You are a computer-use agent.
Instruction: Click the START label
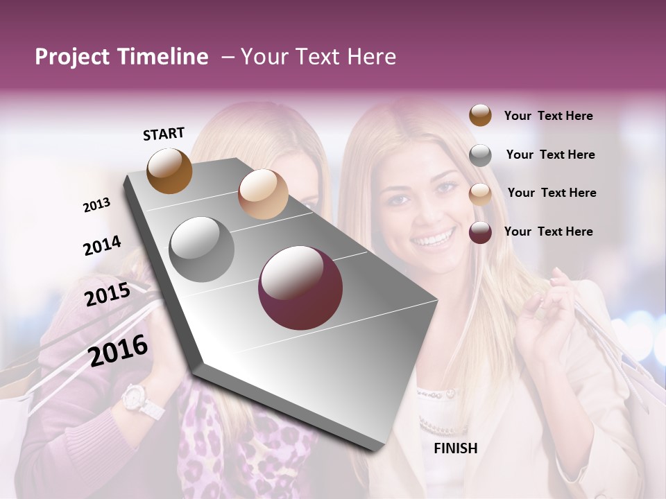[164, 134]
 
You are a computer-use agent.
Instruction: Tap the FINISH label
[455, 448]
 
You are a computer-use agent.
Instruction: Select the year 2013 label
[96, 205]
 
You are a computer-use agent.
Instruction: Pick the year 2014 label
[102, 246]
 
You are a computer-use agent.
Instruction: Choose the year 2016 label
[119, 351]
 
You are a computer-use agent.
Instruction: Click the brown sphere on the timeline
[169, 170]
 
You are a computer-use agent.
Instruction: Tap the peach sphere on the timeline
[263, 194]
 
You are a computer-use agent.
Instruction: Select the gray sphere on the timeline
[202, 249]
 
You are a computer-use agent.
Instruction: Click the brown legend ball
[480, 115]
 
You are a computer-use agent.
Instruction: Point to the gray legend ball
[480, 155]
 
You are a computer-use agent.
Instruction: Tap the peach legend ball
[480, 194]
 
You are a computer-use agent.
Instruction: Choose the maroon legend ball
[480, 232]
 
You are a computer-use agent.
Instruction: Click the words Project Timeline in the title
[121, 57]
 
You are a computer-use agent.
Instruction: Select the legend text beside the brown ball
[548, 116]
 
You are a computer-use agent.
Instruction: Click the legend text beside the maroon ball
[548, 231]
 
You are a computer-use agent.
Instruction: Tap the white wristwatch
[138, 401]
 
